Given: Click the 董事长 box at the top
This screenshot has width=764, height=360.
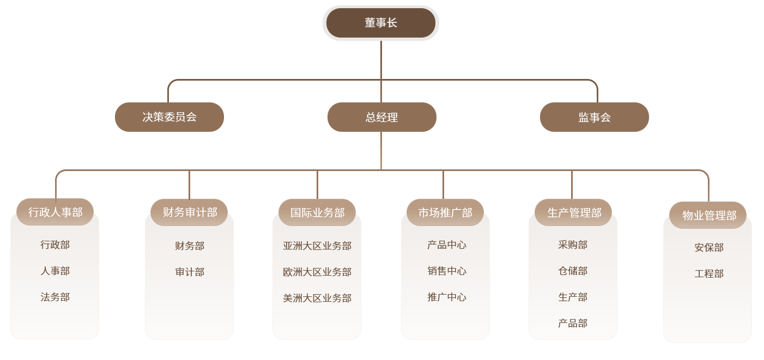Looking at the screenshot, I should [381, 23].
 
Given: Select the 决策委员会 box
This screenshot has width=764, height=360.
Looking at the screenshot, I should [169, 117].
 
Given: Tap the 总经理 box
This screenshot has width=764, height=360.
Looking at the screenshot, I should [381, 117].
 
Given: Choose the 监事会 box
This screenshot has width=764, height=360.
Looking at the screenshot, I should [594, 117].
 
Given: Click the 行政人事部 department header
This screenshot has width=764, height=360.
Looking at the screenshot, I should [55, 212].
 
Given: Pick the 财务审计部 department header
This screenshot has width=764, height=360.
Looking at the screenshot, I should [189, 212].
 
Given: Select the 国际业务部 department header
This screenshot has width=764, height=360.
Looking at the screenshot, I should [317, 212].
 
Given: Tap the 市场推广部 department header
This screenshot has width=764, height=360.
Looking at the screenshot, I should [445, 212].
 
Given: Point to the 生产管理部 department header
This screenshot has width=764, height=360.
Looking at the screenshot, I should [573, 212].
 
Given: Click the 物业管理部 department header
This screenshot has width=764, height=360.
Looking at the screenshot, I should [708, 215].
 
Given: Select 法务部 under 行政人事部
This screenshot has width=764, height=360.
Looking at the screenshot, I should [55, 297].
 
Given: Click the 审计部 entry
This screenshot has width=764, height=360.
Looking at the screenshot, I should [189, 272].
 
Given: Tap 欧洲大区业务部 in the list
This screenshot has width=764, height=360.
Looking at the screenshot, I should [317, 272].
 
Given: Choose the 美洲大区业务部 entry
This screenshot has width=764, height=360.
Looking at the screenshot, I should [317, 298].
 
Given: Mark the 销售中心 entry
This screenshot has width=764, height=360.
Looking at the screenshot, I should [446, 271].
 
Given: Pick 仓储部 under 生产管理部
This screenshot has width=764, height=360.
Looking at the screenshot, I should [573, 271].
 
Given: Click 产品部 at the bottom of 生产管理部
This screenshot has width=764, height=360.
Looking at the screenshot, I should [573, 323].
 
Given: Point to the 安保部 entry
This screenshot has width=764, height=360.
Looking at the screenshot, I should [708, 247].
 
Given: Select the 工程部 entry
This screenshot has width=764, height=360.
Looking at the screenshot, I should [708, 273].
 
